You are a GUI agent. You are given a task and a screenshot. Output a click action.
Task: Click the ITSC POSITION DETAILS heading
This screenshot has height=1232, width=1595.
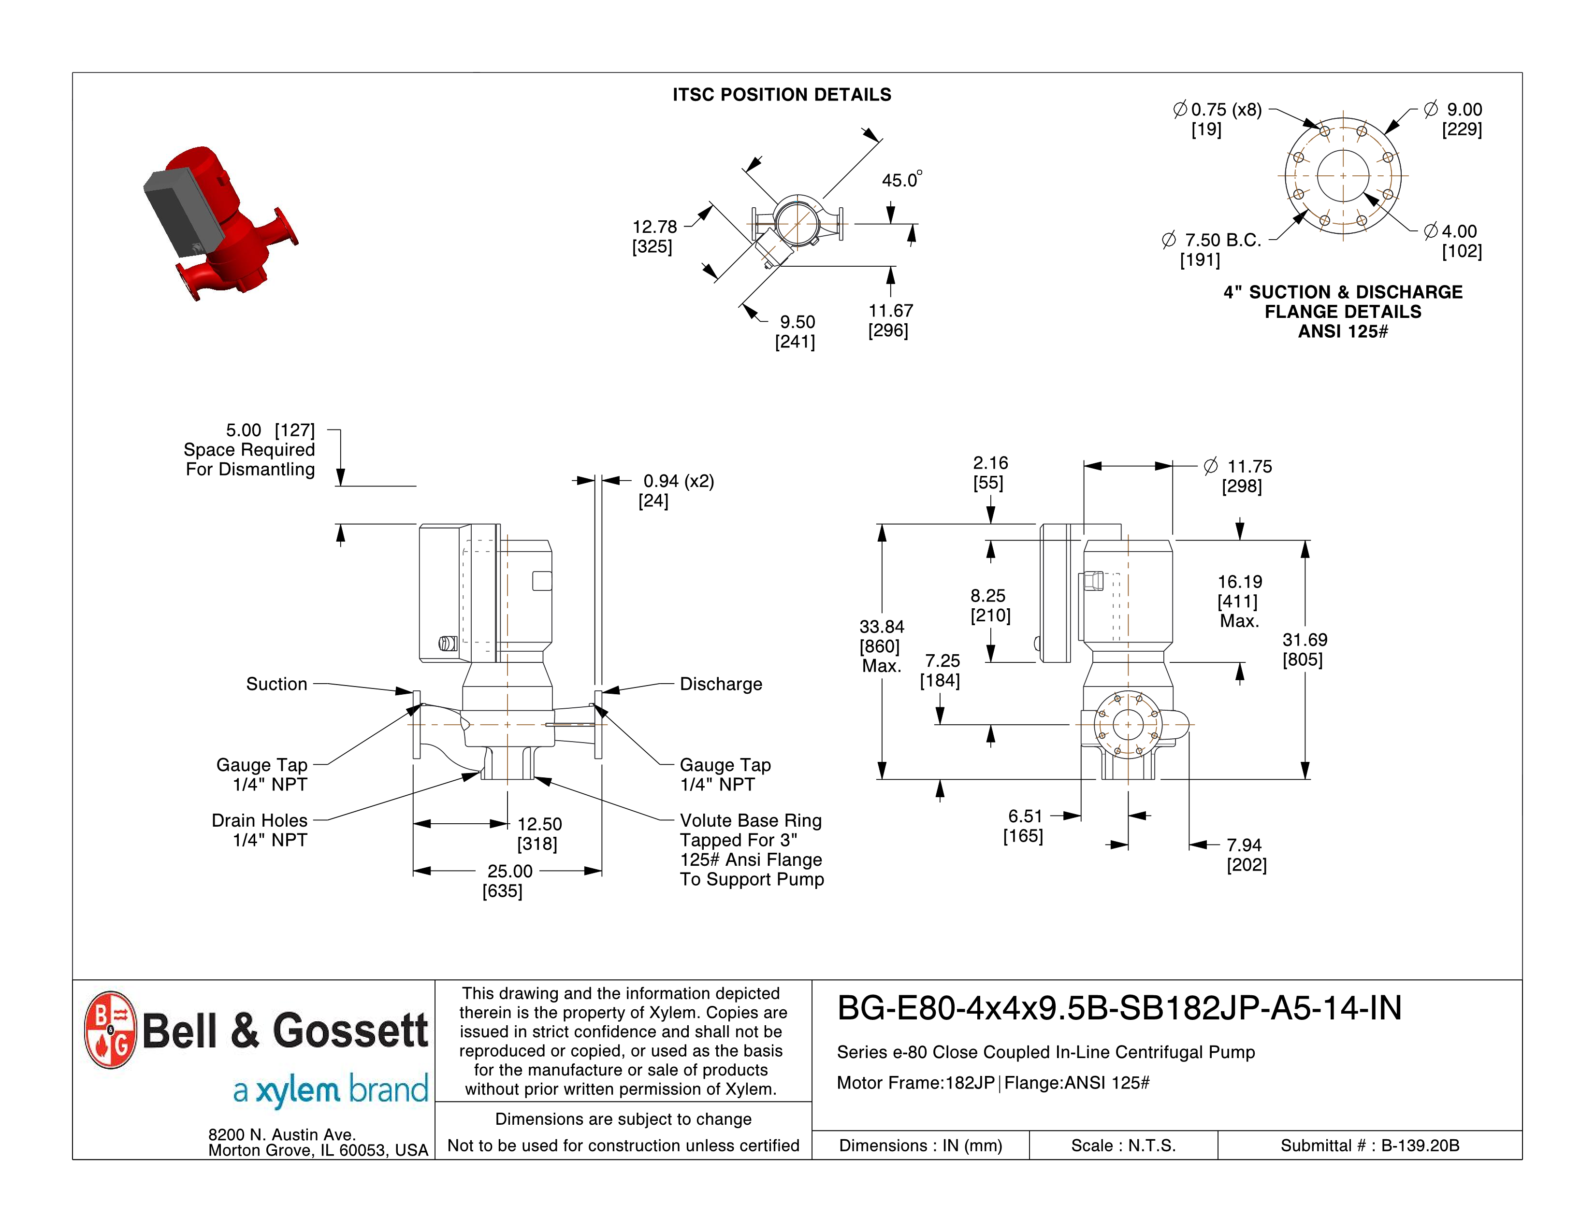(782, 95)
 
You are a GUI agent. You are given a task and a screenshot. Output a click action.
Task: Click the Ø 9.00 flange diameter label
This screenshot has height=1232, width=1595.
(1453, 110)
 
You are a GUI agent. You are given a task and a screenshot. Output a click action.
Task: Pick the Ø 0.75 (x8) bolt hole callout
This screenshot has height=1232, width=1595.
(1218, 110)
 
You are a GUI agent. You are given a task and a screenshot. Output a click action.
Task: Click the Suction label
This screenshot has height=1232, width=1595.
(276, 684)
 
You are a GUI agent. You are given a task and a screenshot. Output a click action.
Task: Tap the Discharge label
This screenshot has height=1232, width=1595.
(721, 684)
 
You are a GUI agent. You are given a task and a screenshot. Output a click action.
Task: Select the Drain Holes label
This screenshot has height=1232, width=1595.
(259, 820)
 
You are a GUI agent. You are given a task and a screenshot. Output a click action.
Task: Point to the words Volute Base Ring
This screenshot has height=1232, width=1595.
(751, 820)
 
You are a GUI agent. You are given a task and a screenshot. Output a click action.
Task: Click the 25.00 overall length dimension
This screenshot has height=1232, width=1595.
(510, 871)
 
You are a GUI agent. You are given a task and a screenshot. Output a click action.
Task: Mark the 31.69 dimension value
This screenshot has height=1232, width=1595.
(1305, 639)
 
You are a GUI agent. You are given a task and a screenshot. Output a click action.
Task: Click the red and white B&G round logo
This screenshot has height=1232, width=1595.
(110, 1030)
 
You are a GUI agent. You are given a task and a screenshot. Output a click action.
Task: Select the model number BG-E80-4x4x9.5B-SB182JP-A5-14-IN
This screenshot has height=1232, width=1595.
(1119, 1008)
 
